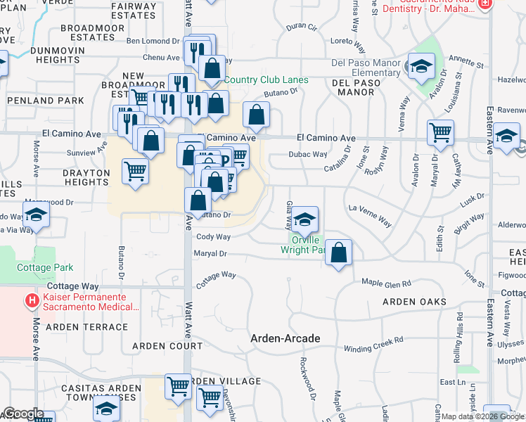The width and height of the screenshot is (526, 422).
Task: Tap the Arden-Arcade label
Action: (286, 338)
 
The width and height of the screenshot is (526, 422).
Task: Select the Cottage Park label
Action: (45, 267)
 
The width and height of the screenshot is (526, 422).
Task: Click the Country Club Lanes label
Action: (267, 79)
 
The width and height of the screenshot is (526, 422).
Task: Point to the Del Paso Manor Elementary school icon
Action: (421, 68)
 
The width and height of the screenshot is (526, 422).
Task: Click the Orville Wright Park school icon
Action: (304, 219)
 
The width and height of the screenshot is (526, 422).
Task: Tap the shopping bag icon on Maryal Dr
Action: (338, 253)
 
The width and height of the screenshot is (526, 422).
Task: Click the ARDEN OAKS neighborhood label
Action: (414, 302)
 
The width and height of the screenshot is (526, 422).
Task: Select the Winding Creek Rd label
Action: (373, 344)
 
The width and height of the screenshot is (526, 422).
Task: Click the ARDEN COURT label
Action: (167, 346)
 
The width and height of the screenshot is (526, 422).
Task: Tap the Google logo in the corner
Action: (23, 414)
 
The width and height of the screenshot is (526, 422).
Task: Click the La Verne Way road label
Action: (370, 215)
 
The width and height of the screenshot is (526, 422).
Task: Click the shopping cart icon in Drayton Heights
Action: (135, 172)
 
